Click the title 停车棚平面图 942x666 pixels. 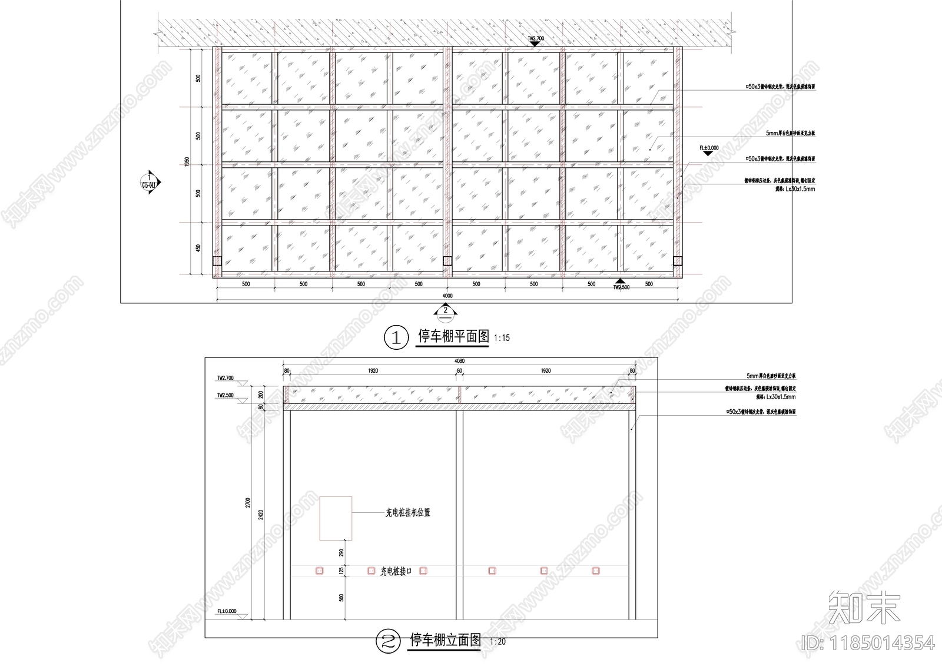453,337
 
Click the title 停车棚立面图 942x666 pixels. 445,640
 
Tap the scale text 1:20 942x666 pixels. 497,642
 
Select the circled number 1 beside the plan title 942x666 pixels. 396,338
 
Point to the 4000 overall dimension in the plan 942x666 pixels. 447,296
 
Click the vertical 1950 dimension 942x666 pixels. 187,162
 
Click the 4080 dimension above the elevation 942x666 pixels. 459,361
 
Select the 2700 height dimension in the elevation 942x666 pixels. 248,502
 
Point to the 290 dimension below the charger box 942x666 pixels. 341,553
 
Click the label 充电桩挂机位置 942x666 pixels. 407,513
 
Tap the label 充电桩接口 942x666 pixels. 396,571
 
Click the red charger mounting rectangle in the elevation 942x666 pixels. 336,518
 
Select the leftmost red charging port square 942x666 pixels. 319,571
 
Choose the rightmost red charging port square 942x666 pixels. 596,571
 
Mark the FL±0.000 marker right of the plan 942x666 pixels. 709,150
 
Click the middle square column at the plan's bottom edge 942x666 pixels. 447,261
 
